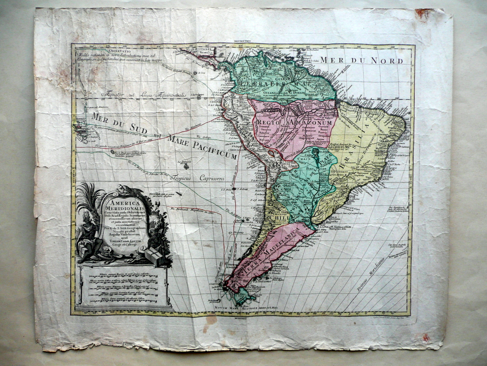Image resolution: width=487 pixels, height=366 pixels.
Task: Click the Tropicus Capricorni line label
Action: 196,178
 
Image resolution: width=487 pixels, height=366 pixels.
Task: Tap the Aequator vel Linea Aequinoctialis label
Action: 144,95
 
